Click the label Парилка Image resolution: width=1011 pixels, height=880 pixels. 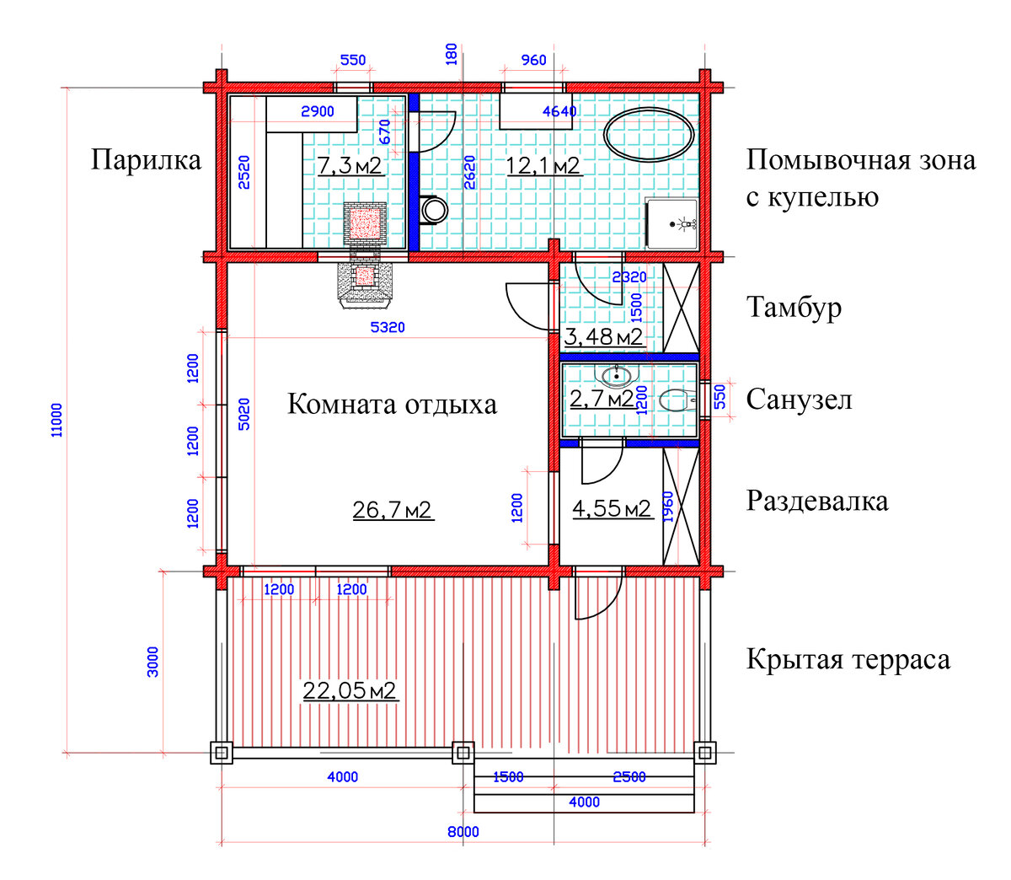pos(146,160)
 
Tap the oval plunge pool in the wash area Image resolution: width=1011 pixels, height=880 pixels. pos(650,134)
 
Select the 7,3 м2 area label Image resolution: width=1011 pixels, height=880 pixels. pos(350,165)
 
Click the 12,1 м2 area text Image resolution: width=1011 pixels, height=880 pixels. pos(543,165)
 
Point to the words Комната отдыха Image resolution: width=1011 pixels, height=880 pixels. pos(392,405)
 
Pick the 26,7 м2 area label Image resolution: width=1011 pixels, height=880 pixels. pos(392,509)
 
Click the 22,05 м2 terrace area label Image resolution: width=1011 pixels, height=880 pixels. pos(349,690)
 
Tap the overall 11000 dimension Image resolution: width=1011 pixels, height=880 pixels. pos(56,419)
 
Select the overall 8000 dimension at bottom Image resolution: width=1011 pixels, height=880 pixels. pos(463,832)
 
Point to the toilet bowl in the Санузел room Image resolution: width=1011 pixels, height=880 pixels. pos(677,400)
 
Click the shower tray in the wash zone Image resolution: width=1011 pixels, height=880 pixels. pos(671,223)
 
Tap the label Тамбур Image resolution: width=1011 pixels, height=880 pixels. pos(793,308)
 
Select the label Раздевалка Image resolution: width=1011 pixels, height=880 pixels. pos(816,501)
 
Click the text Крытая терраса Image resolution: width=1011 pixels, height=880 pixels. pos(848,659)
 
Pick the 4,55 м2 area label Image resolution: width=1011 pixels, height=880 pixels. pos(612,508)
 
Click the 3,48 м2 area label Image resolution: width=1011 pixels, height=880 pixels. pos(603,337)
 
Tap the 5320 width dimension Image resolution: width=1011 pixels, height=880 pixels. pos(388,327)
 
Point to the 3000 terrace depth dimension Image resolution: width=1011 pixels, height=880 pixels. pos(152,662)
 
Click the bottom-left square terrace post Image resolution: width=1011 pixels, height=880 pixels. pos(222,753)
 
